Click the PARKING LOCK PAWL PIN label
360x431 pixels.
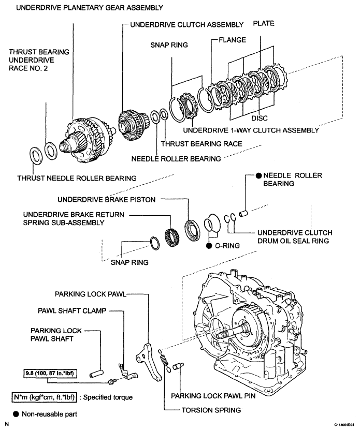(213, 396)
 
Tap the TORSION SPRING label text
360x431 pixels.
(211, 410)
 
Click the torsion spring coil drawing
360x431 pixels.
(164, 360)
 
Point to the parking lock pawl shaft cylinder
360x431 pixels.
(96, 374)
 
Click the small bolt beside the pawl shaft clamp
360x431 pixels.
(111, 381)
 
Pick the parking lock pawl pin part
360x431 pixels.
(178, 366)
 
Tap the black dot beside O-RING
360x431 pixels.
(209, 245)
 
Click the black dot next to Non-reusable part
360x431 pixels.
(16, 414)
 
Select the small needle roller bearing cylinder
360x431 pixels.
(243, 213)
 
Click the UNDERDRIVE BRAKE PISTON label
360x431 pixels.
(106, 200)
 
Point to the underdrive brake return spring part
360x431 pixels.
(172, 236)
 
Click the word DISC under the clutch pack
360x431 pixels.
(260, 118)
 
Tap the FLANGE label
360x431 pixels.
(232, 40)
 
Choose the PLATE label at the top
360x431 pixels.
(264, 23)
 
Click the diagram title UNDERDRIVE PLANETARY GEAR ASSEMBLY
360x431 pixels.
(90, 8)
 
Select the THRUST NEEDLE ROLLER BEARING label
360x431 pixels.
(77, 178)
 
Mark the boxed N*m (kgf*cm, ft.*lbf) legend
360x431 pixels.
(45, 397)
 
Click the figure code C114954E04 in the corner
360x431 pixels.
(344, 425)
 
